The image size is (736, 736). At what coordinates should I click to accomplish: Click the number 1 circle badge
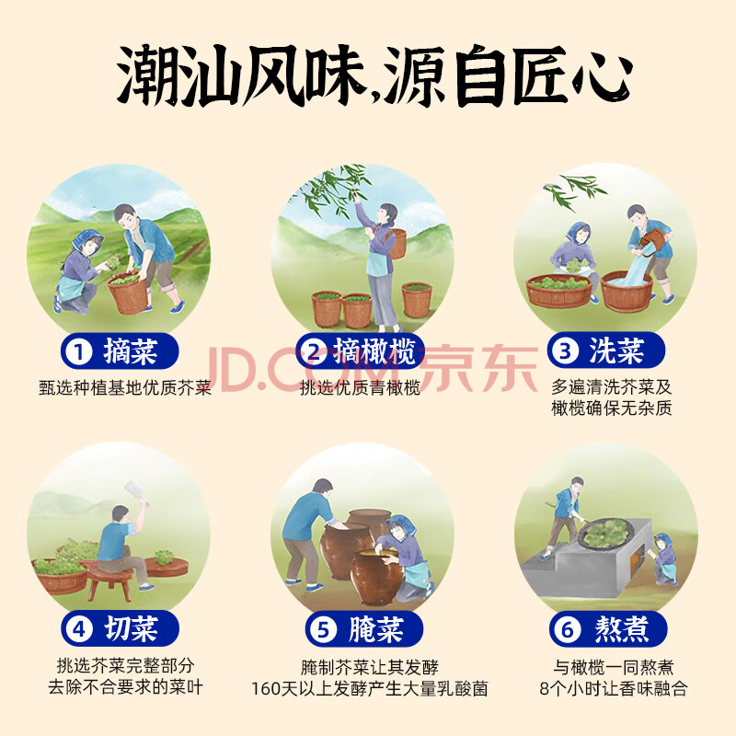pos(78,352)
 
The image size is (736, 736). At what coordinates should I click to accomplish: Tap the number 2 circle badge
pos(313,351)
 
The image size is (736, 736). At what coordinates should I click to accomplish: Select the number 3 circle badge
pos(566,351)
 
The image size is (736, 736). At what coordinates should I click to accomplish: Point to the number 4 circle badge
pos(79,629)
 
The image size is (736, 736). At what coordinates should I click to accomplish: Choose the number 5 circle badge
pos(323,629)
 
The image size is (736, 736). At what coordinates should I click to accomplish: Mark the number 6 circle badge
pos(567,629)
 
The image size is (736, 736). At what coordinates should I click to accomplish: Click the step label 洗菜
pos(616,351)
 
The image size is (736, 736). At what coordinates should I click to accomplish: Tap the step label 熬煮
pos(622,629)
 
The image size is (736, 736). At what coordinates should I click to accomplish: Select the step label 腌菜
pos(376,629)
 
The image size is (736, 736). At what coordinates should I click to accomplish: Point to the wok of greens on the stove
pos(605,533)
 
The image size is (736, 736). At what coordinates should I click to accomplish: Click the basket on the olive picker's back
pos(397,244)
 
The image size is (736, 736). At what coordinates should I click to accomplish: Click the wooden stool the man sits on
pos(110,581)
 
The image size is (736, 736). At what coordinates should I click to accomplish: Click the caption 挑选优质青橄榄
pos(360,387)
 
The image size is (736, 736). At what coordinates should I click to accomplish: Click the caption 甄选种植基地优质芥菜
pos(125,387)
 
